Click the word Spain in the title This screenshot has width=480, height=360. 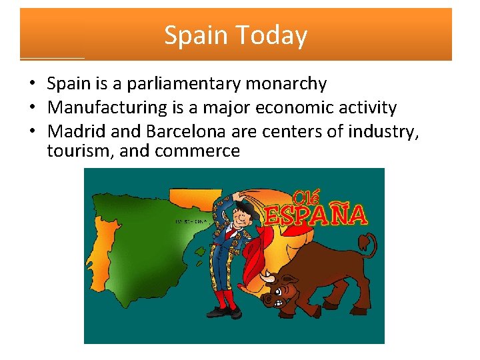[x=193, y=35]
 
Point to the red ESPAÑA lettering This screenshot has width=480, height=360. [x=316, y=215]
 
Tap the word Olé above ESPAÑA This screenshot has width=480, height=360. [x=307, y=196]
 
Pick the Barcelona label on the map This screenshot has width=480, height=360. [x=191, y=221]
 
